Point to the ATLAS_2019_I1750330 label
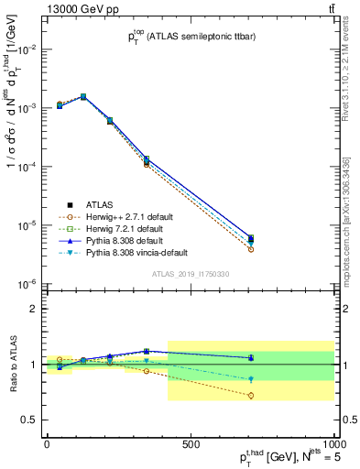tap(189, 273)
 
